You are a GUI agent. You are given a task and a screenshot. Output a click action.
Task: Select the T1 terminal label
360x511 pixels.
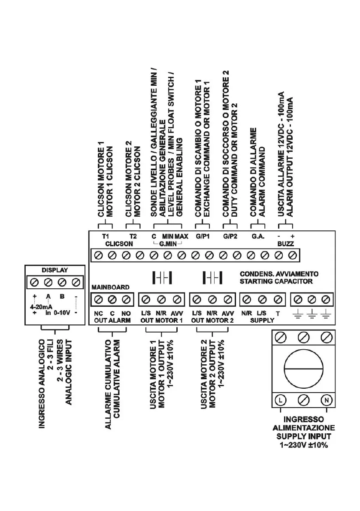tap(105, 236)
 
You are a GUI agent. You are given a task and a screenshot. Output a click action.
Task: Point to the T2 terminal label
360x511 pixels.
tap(133, 236)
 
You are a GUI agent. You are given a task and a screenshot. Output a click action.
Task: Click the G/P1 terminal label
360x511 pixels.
tap(201, 236)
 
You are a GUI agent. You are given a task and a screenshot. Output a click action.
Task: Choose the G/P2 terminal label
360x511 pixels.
tap(230, 236)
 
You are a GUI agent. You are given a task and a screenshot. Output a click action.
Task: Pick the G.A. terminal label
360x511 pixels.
tap(257, 236)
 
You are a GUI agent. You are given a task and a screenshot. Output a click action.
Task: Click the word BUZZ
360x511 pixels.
tap(285, 243)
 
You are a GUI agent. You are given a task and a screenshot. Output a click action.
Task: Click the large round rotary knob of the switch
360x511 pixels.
tap(303, 369)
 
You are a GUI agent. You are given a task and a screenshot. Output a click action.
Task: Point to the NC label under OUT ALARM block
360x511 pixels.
tap(97, 314)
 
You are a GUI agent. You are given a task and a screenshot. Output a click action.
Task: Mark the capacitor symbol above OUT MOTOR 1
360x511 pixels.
tap(162, 277)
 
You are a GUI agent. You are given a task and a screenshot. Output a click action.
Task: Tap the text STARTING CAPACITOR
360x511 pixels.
tap(276, 281)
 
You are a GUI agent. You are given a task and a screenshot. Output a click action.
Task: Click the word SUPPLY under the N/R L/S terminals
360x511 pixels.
tap(262, 320)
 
